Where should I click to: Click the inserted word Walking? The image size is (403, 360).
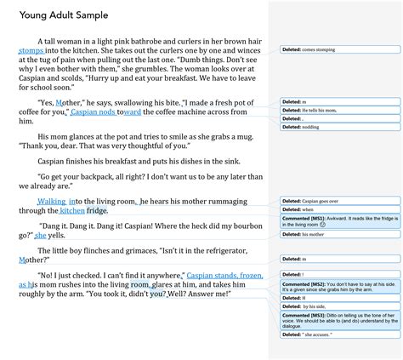coord(51,201)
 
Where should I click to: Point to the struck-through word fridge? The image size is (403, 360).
coord(97,209)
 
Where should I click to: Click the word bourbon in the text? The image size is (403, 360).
coord(226,226)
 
